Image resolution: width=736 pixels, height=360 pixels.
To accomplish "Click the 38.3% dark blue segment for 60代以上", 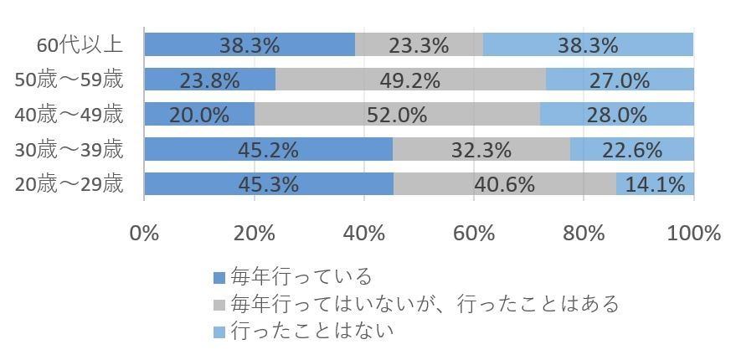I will click(250, 44).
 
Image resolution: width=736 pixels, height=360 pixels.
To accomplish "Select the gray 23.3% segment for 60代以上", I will click(419, 44).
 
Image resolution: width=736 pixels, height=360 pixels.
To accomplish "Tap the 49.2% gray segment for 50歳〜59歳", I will click(410, 80).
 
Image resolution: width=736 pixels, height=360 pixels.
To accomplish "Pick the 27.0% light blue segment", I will click(620, 80).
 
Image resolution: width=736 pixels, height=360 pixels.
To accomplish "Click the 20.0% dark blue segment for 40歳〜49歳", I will click(199, 114).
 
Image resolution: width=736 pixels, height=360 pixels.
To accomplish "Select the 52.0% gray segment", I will click(397, 114).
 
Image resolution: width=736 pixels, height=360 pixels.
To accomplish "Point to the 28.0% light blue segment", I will click(617, 114).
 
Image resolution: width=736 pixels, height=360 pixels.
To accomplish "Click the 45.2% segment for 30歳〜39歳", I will click(268, 149).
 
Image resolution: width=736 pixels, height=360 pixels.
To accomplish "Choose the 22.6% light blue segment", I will click(632, 149).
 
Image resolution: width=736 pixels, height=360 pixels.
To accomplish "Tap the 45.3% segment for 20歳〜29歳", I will click(269, 184).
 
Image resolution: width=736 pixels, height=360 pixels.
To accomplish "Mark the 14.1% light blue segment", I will click(655, 184).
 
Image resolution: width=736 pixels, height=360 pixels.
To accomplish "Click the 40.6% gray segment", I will click(505, 184).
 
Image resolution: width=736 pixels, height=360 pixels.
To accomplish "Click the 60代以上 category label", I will click(80, 44).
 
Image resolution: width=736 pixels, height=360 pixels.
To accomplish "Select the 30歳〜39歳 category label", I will click(70, 149).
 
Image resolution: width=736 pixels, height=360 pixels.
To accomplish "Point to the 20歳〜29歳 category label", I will click(70, 184).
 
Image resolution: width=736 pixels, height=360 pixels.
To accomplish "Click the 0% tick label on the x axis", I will click(145, 233).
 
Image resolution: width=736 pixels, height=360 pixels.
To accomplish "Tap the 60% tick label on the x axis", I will click(474, 233).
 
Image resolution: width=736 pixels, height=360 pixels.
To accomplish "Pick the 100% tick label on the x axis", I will click(692, 233).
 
